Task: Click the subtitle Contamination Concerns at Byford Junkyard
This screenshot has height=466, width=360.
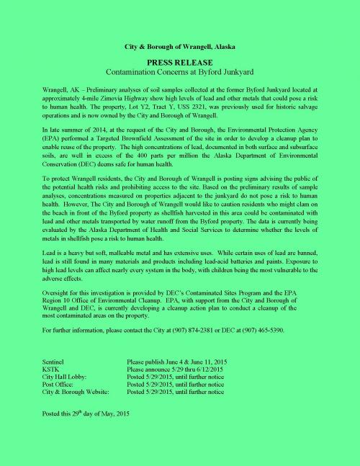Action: (x=180, y=73)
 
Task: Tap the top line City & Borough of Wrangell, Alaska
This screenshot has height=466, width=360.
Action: (x=180, y=47)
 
